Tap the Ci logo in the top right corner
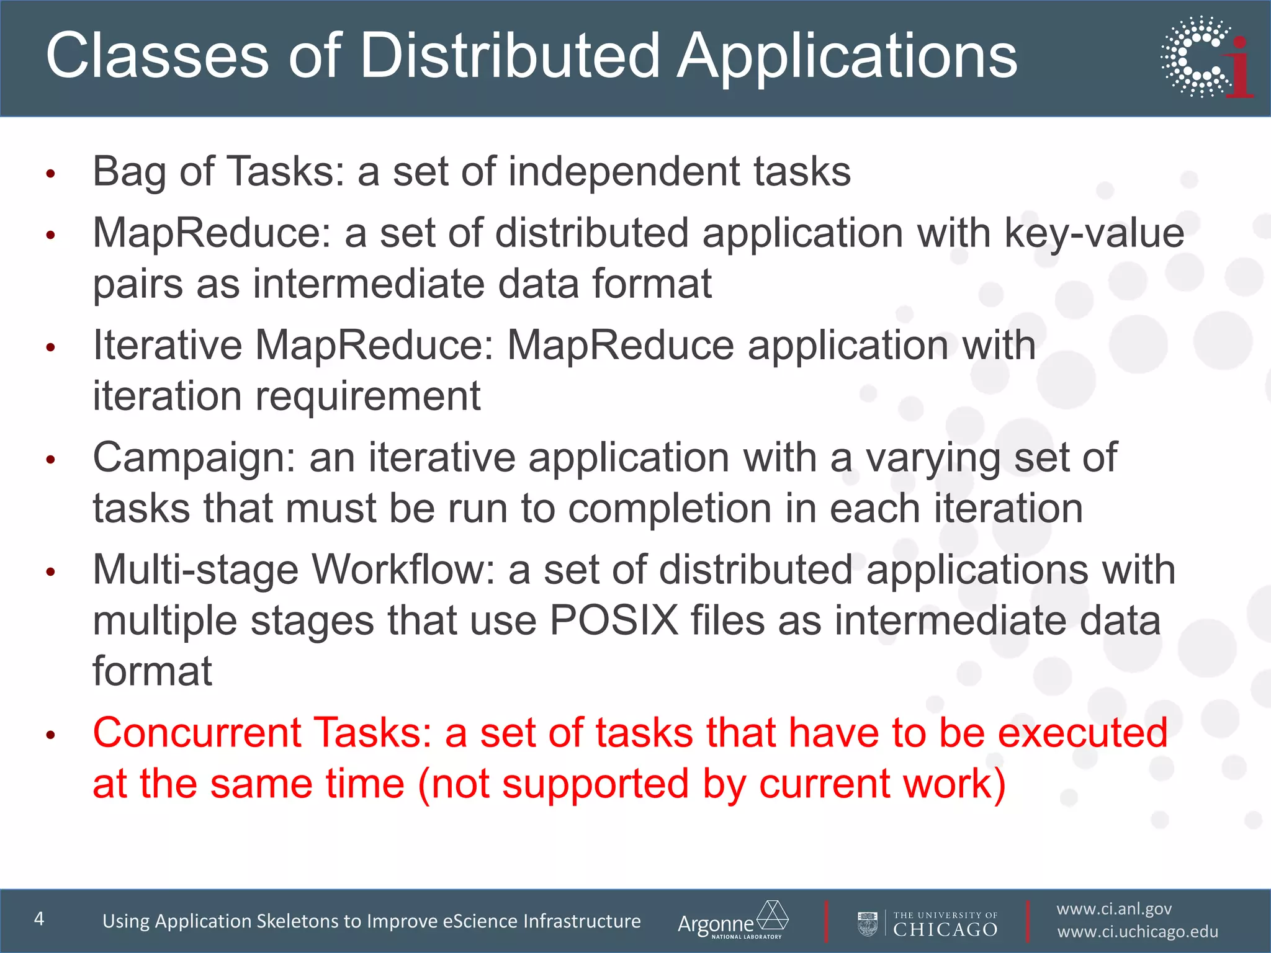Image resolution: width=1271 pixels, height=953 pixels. [1206, 57]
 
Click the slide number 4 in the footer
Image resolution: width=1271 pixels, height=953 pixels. [39, 919]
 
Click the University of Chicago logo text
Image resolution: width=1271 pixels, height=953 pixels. [945, 924]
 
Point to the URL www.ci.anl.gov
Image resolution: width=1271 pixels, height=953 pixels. [1114, 909]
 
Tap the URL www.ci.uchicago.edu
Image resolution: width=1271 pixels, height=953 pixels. [1138, 932]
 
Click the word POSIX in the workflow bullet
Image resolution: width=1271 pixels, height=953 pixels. [614, 620]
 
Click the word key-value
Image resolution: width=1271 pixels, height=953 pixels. [1094, 233]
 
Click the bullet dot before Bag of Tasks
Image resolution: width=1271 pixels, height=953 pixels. [52, 174]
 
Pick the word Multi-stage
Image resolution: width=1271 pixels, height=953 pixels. [195, 571]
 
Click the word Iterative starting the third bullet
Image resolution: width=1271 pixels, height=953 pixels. [167, 345]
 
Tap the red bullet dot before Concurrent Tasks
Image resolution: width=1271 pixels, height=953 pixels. [52, 736]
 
